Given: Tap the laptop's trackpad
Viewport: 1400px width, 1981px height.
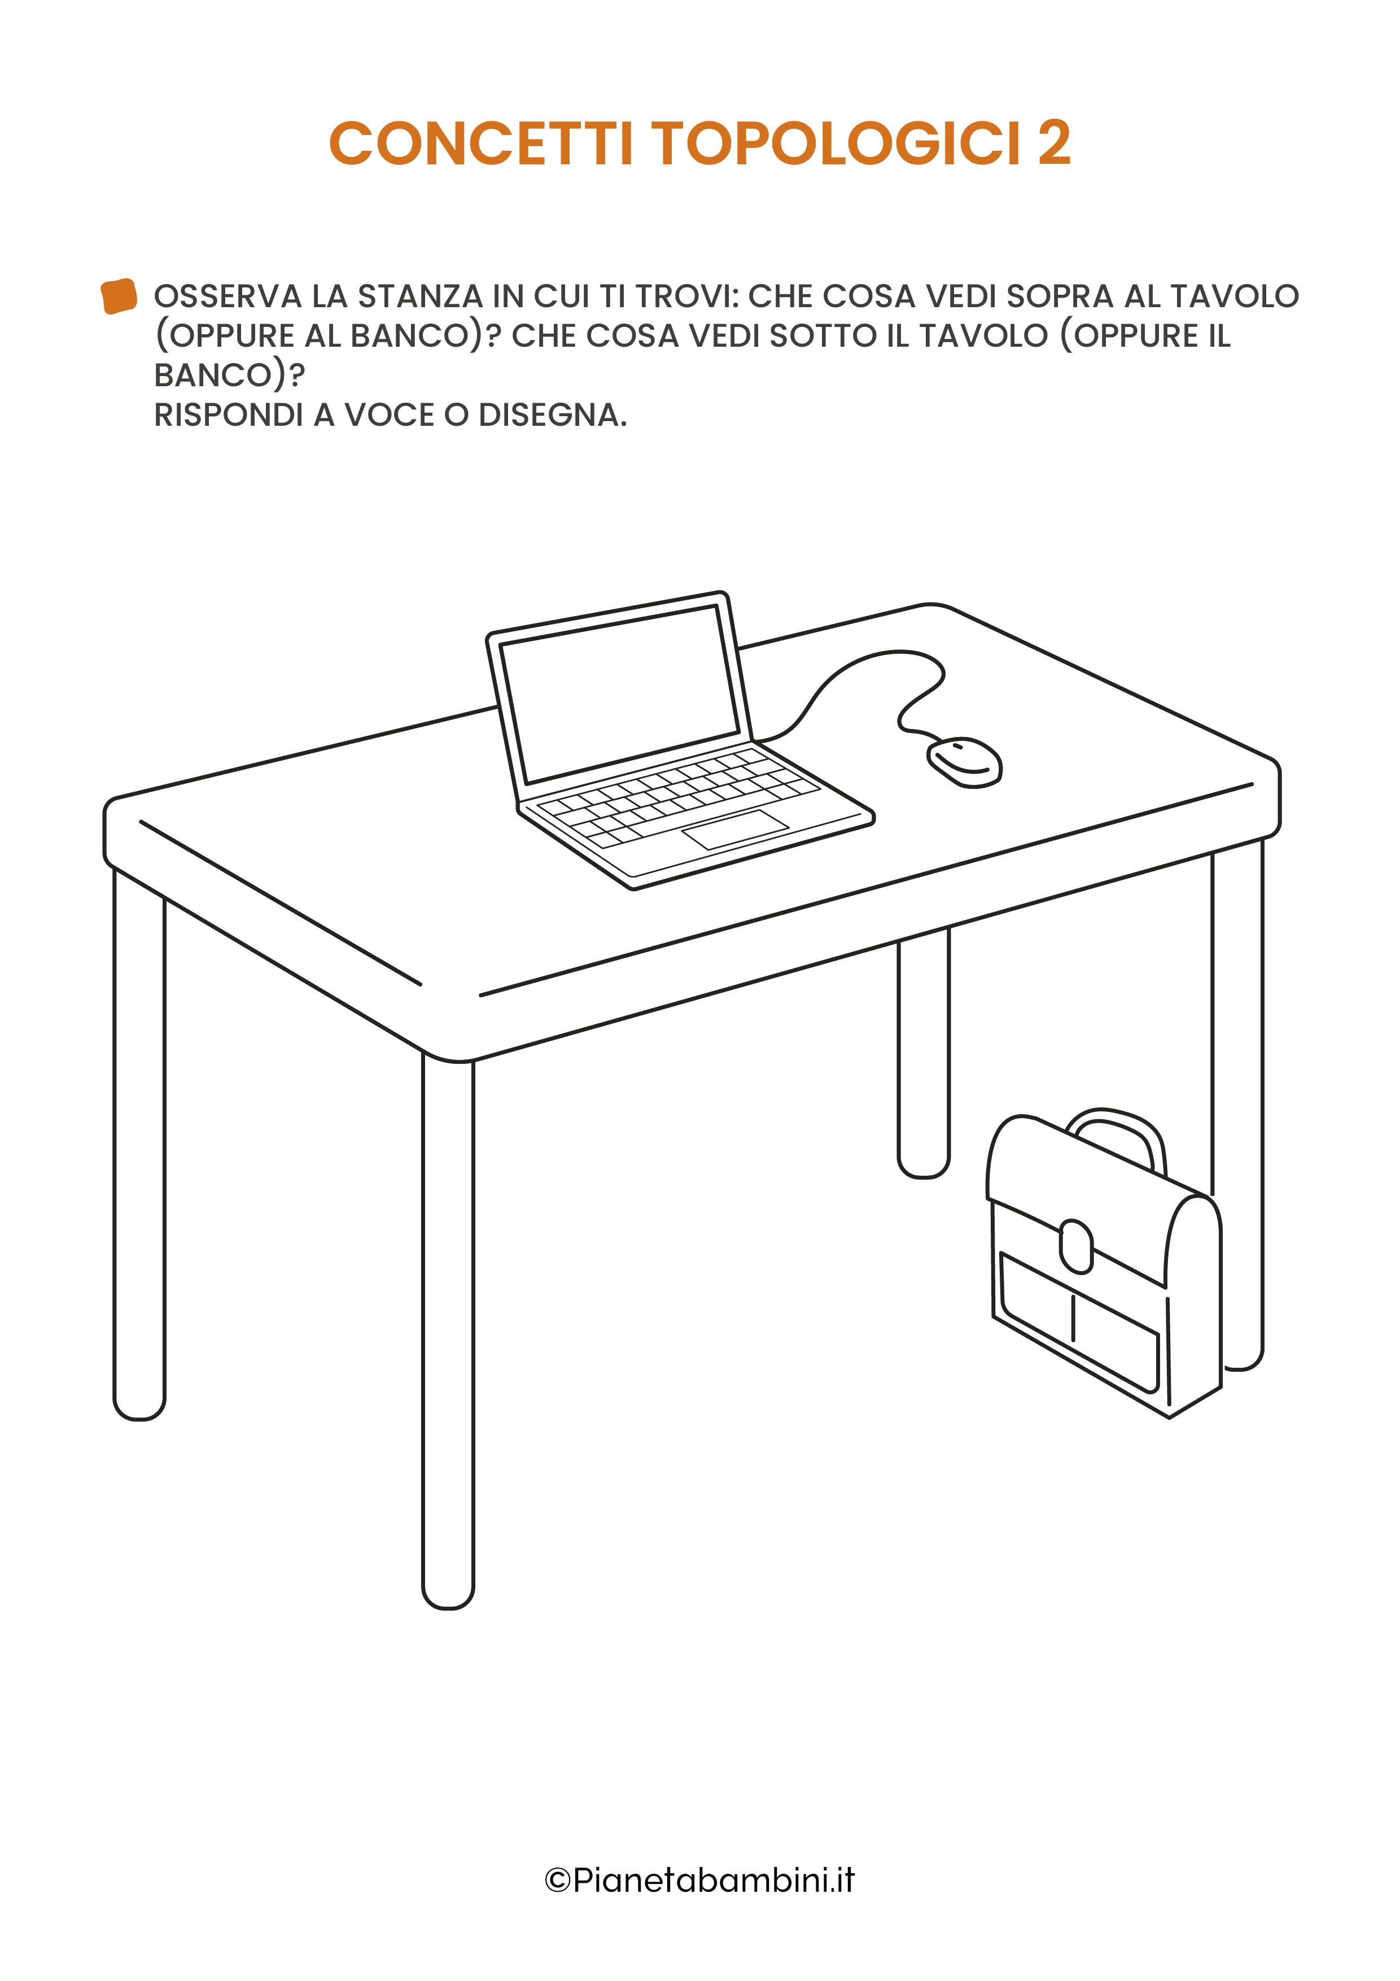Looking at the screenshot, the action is (735, 829).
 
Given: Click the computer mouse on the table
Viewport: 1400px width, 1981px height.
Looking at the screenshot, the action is (964, 762).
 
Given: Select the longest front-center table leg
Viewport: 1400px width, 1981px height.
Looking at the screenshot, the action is (448, 1329).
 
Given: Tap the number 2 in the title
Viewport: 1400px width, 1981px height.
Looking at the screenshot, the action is (1054, 143).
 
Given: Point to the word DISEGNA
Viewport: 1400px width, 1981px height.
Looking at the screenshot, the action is (552, 415).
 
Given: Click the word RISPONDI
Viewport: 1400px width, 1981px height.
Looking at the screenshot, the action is (229, 415).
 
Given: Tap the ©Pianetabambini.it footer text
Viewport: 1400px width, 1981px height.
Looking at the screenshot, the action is (699, 1880).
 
